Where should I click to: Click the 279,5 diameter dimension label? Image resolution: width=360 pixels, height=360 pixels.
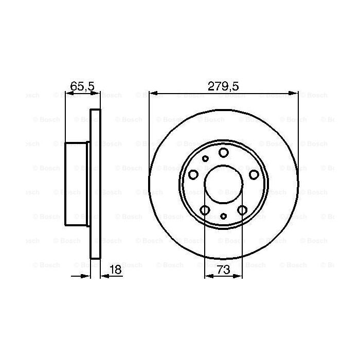pos(223,86)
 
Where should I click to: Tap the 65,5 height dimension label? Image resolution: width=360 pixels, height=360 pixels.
pos(82,86)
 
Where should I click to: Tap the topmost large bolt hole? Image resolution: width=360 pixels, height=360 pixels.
pos(224,152)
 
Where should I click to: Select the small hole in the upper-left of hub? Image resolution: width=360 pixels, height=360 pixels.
pos(205,158)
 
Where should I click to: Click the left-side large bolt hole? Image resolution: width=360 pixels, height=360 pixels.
pos(193,174)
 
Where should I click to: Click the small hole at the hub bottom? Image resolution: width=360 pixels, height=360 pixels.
pos(223,216)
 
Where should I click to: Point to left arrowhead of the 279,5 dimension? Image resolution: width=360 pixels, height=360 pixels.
pos(152,93)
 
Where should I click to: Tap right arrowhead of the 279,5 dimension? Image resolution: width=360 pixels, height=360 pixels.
pos(295,93)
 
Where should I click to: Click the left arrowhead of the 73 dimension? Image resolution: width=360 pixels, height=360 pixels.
pos(208,277)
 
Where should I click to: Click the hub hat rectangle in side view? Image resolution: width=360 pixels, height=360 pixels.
pos(77,184)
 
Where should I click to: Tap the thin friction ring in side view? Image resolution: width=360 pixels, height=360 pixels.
pos(95,184)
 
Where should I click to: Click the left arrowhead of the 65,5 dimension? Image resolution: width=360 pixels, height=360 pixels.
pos(68,93)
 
